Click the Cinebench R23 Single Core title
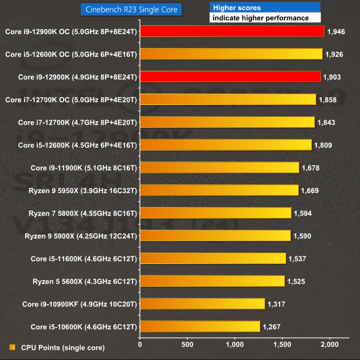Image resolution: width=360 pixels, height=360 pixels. pyautogui.click(x=131, y=9)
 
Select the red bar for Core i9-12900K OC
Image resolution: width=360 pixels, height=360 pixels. pyautogui.click(x=232, y=31)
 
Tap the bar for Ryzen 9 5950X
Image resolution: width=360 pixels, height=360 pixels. pyautogui.click(x=219, y=190)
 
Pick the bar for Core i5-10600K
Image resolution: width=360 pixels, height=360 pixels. pyautogui.click(x=200, y=326)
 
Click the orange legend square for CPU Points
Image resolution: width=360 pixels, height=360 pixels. pyautogui.click(x=13, y=347)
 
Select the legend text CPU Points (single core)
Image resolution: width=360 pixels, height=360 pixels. pyautogui.click(x=62, y=347)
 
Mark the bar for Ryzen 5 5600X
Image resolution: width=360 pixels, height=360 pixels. pyautogui.click(x=212, y=281)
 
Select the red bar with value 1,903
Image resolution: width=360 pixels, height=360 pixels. pyautogui.click(x=230, y=77)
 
